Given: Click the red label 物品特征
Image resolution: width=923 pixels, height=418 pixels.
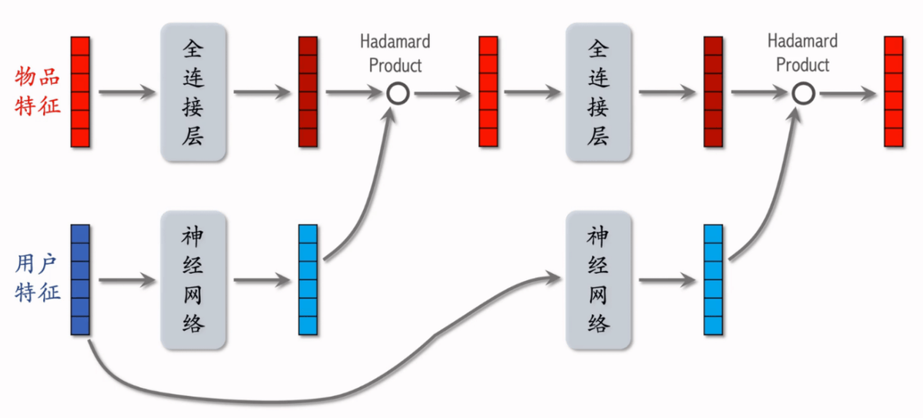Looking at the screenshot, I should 38,91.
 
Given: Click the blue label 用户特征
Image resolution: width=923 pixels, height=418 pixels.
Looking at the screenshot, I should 38,279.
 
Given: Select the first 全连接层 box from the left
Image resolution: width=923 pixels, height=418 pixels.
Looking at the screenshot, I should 194,92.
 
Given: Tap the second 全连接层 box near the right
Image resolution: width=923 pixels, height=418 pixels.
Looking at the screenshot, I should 598,92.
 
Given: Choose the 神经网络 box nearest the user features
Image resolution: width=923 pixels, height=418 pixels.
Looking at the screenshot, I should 194,279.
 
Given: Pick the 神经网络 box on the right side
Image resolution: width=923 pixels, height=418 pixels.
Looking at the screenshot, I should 598,279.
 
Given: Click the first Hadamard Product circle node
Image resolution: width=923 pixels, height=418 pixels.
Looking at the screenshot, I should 397,94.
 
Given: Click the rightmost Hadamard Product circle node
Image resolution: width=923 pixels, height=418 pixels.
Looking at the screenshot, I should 803,94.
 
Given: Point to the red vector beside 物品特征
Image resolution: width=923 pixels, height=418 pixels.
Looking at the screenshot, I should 80,92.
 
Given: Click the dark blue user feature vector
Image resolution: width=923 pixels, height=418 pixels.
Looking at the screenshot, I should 80,279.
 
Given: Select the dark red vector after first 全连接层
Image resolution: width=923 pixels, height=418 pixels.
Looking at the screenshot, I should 308,92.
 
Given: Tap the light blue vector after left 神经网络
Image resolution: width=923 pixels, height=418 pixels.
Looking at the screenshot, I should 308,279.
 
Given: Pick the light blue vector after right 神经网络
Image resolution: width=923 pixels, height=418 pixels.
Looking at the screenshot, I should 713,279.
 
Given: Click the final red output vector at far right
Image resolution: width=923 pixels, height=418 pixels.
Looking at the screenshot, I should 893,92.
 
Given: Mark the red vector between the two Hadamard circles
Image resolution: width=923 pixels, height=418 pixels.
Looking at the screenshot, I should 488,92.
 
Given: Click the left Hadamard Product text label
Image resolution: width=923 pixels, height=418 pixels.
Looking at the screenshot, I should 395,53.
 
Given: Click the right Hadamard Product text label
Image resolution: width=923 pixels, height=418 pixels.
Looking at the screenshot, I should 802,53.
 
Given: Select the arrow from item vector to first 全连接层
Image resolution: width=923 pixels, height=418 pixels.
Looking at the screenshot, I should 127,93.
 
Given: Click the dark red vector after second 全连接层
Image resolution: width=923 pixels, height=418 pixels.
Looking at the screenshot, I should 713,92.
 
